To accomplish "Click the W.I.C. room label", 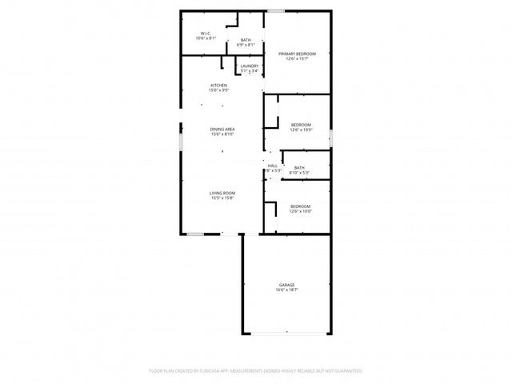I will [x=206, y=33].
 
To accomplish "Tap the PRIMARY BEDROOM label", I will [x=297, y=54].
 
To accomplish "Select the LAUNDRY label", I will [x=249, y=66].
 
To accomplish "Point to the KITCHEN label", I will [x=218, y=86].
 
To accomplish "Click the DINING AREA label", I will [x=222, y=129].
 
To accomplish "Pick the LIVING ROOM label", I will [x=222, y=193].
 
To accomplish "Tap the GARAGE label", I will [x=286, y=285].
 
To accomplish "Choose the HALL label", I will [x=273, y=165].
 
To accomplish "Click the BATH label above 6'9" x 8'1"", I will [x=246, y=40].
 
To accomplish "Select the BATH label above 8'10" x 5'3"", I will [x=299, y=167].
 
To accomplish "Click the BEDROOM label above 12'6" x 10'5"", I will [x=301, y=125].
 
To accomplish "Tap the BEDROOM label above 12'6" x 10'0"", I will [x=301, y=206].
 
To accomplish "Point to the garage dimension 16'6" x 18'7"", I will [x=286, y=290].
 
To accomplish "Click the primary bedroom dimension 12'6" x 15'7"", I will [x=297, y=59].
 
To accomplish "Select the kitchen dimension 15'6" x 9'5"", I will [x=218, y=90].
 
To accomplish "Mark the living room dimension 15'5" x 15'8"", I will [x=222, y=198].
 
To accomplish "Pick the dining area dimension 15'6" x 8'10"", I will [x=222, y=134].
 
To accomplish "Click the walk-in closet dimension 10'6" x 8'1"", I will [x=206, y=38].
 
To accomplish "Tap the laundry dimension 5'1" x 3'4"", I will [x=249, y=71].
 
